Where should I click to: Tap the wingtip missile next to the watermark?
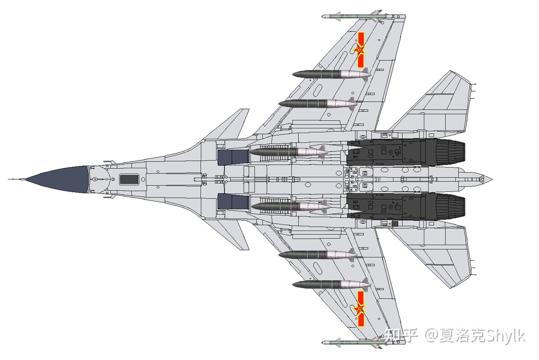tap(352, 343)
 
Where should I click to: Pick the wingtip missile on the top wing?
tap(352, 16)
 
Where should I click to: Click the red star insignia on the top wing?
tap(360, 50)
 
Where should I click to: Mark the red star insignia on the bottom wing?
tap(360, 309)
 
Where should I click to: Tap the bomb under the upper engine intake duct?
tap(288, 152)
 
